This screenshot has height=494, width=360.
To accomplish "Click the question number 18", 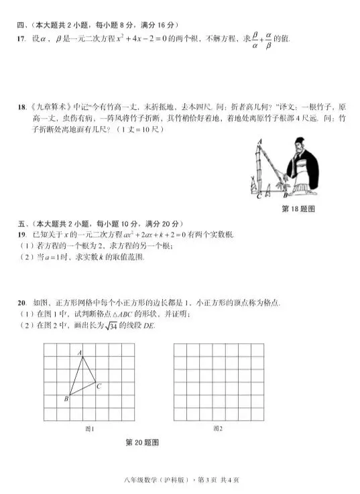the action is click(x=21, y=107).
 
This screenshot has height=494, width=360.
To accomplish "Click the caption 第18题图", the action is click(x=298, y=209).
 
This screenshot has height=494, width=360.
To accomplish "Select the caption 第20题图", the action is click(x=142, y=442).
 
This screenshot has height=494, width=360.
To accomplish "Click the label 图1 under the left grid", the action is click(x=88, y=428).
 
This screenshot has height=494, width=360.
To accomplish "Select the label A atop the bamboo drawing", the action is click(x=259, y=141).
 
